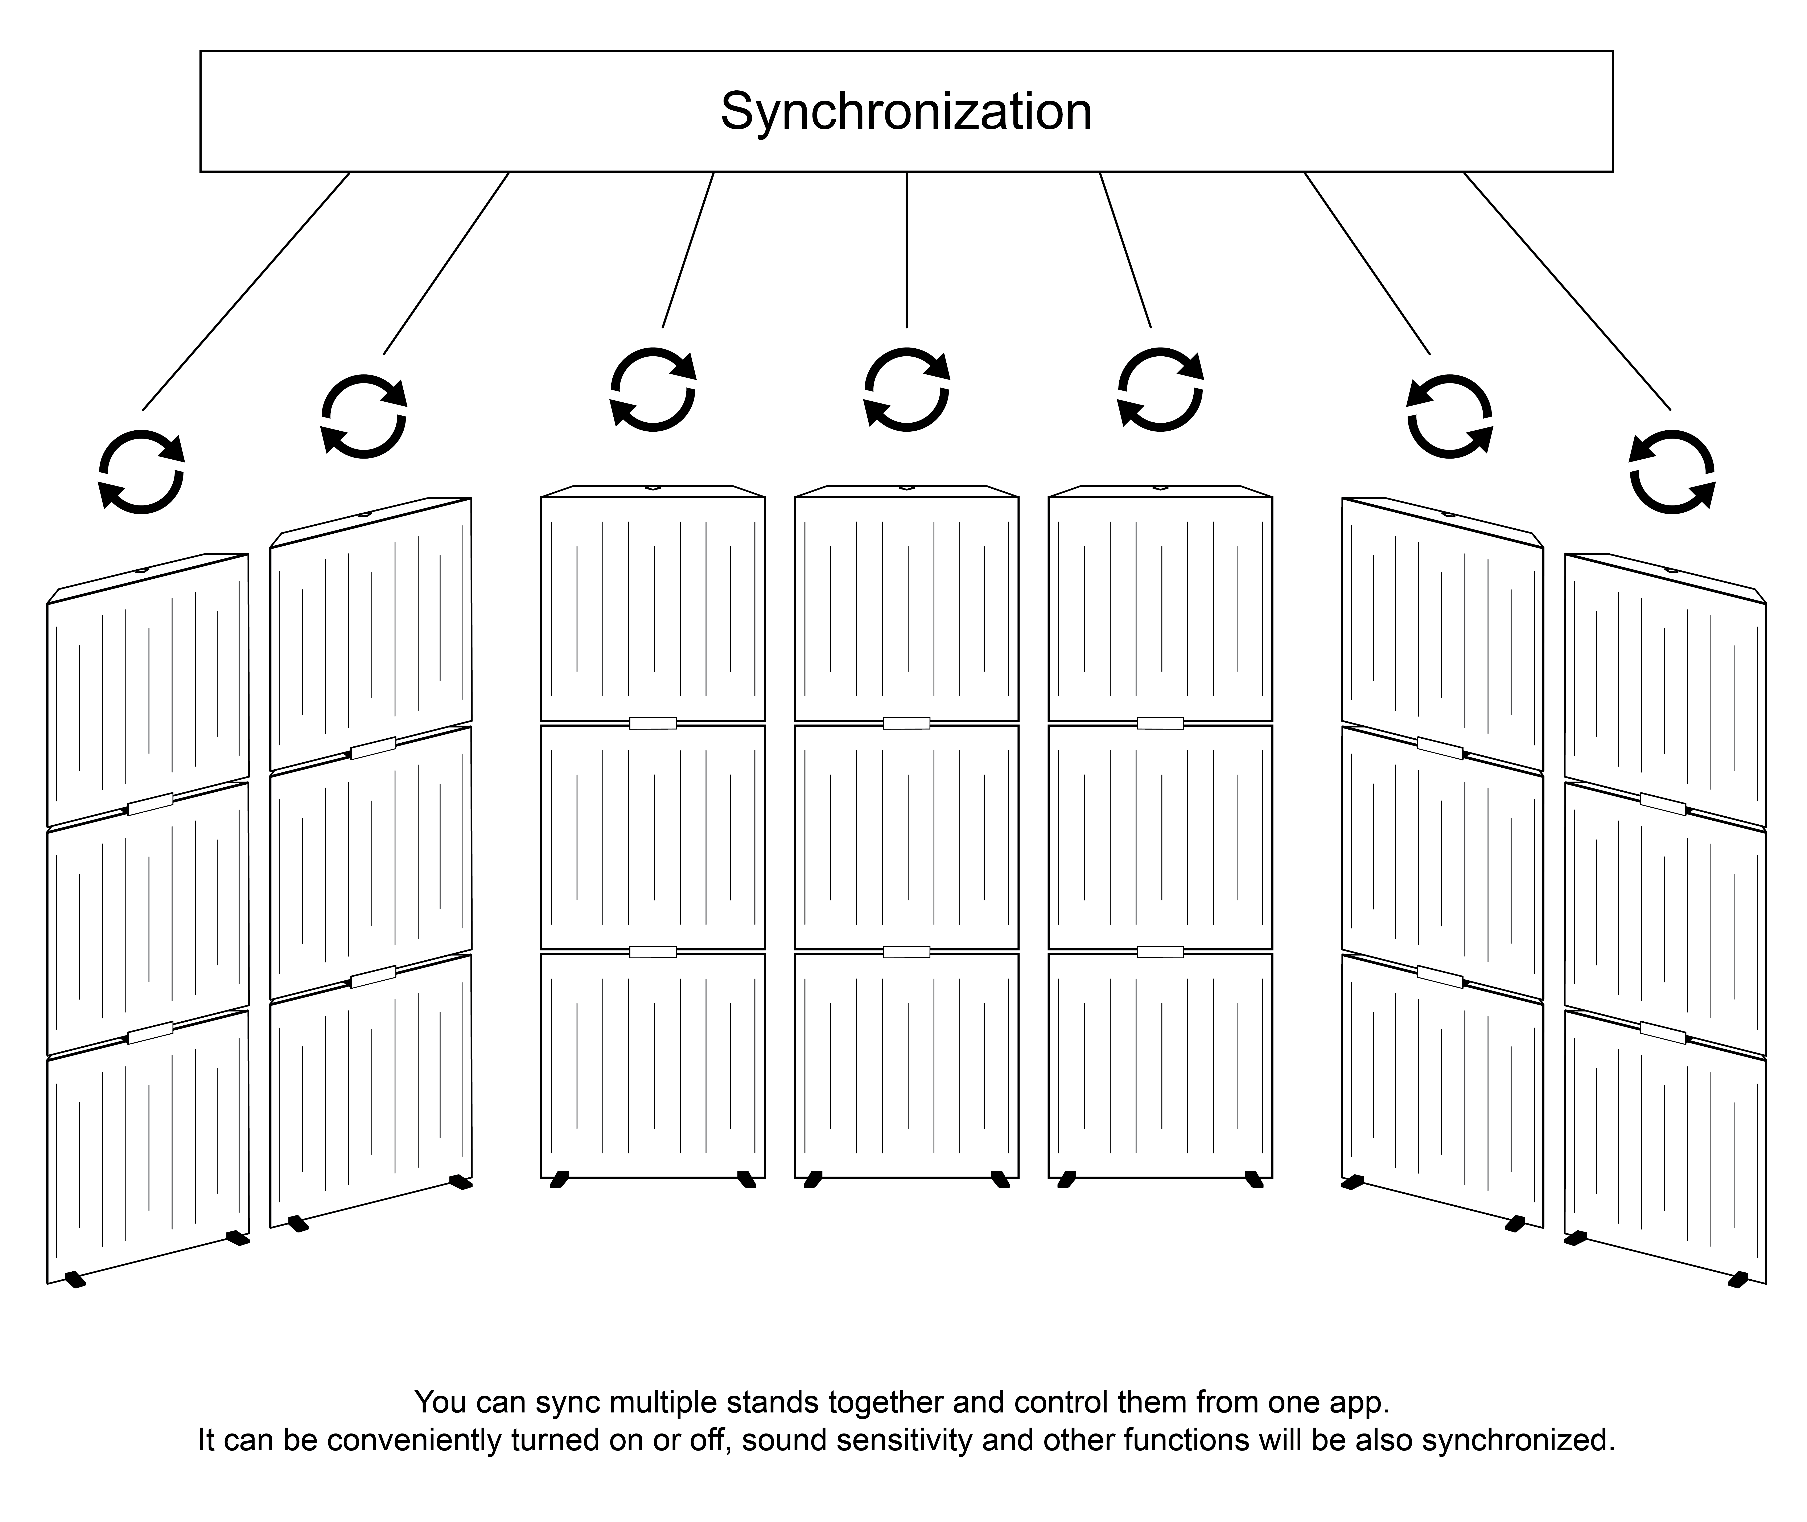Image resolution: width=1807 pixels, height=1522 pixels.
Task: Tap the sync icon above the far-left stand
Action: click(x=141, y=472)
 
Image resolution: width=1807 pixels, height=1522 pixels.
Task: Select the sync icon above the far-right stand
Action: click(x=1672, y=472)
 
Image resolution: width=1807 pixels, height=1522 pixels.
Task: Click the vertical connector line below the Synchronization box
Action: click(x=906, y=250)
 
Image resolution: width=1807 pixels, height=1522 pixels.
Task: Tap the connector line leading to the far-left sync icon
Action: click(x=246, y=291)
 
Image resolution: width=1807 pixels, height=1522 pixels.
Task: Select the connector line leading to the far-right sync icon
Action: click(x=1567, y=291)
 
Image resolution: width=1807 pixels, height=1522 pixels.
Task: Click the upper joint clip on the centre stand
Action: click(x=906, y=723)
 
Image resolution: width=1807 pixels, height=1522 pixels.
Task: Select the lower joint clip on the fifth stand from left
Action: click(x=1160, y=952)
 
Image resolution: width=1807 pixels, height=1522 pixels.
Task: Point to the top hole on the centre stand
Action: click(x=906, y=488)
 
